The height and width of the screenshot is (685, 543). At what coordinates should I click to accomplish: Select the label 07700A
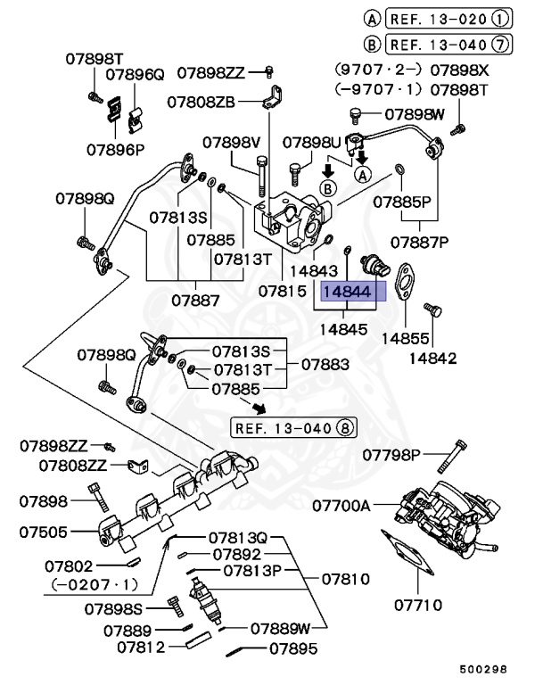(x=341, y=506)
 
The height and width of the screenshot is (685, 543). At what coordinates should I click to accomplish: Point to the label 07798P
(x=391, y=455)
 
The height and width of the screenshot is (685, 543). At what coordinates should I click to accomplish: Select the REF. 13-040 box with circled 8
(x=294, y=427)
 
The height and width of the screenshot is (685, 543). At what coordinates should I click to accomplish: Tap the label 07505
(x=44, y=532)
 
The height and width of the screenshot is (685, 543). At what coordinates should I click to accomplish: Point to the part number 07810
(x=345, y=579)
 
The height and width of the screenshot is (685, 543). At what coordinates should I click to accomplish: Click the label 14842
(x=432, y=359)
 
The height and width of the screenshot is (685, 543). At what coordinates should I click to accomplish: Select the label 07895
(x=293, y=648)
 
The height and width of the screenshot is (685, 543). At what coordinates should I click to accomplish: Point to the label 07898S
(x=114, y=608)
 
